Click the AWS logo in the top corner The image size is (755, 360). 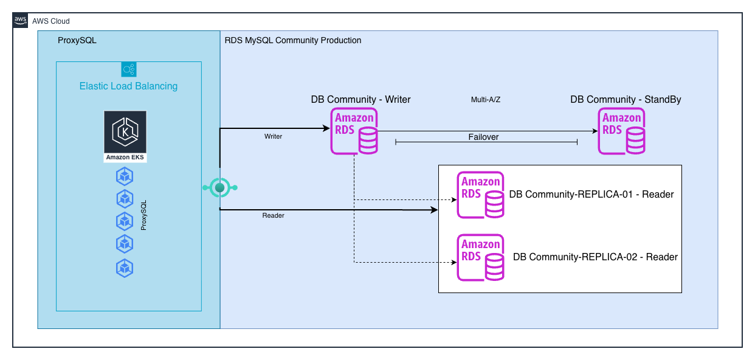click(x=20, y=20)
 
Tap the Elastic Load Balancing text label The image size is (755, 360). click(x=128, y=86)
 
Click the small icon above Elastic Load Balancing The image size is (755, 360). click(x=128, y=69)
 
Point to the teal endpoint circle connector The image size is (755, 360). click(x=219, y=188)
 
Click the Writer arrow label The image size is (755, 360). click(x=273, y=137)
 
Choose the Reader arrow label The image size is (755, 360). click(x=273, y=216)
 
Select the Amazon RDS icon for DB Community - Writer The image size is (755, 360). click(x=354, y=131)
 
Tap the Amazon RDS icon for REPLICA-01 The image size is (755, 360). click(x=480, y=195)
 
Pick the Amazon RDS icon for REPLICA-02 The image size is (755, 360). click(x=480, y=257)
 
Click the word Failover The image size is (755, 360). click(x=484, y=137)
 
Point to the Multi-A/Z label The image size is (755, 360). click(x=486, y=100)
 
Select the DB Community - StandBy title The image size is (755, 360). click(x=626, y=100)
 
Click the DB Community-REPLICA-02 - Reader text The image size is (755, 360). click(x=595, y=257)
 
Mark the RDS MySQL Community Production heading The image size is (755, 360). click(x=293, y=41)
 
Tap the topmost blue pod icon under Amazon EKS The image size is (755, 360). click(x=125, y=177)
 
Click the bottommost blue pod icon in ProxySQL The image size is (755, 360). click(x=125, y=267)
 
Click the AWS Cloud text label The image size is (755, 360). click(x=51, y=21)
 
